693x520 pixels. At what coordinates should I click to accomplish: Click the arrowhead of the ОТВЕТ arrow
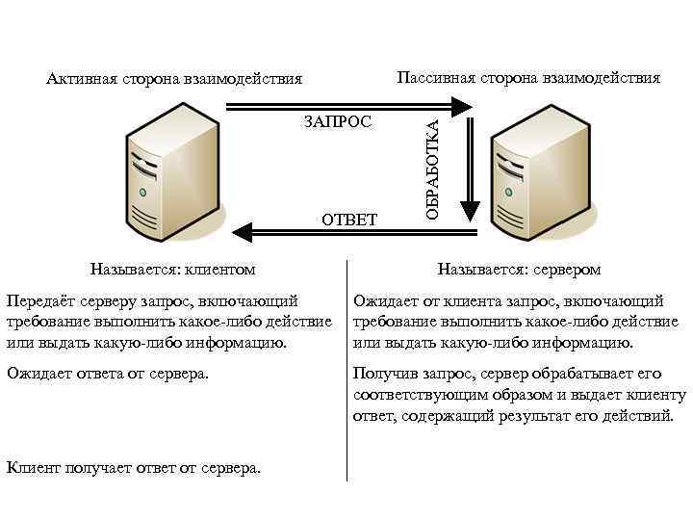tap(242, 230)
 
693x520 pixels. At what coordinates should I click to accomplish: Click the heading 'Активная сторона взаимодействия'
tap(174, 78)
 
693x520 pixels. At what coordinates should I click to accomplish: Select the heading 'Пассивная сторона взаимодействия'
tap(528, 77)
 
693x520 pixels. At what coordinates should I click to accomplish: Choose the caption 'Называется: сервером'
tap(519, 269)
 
